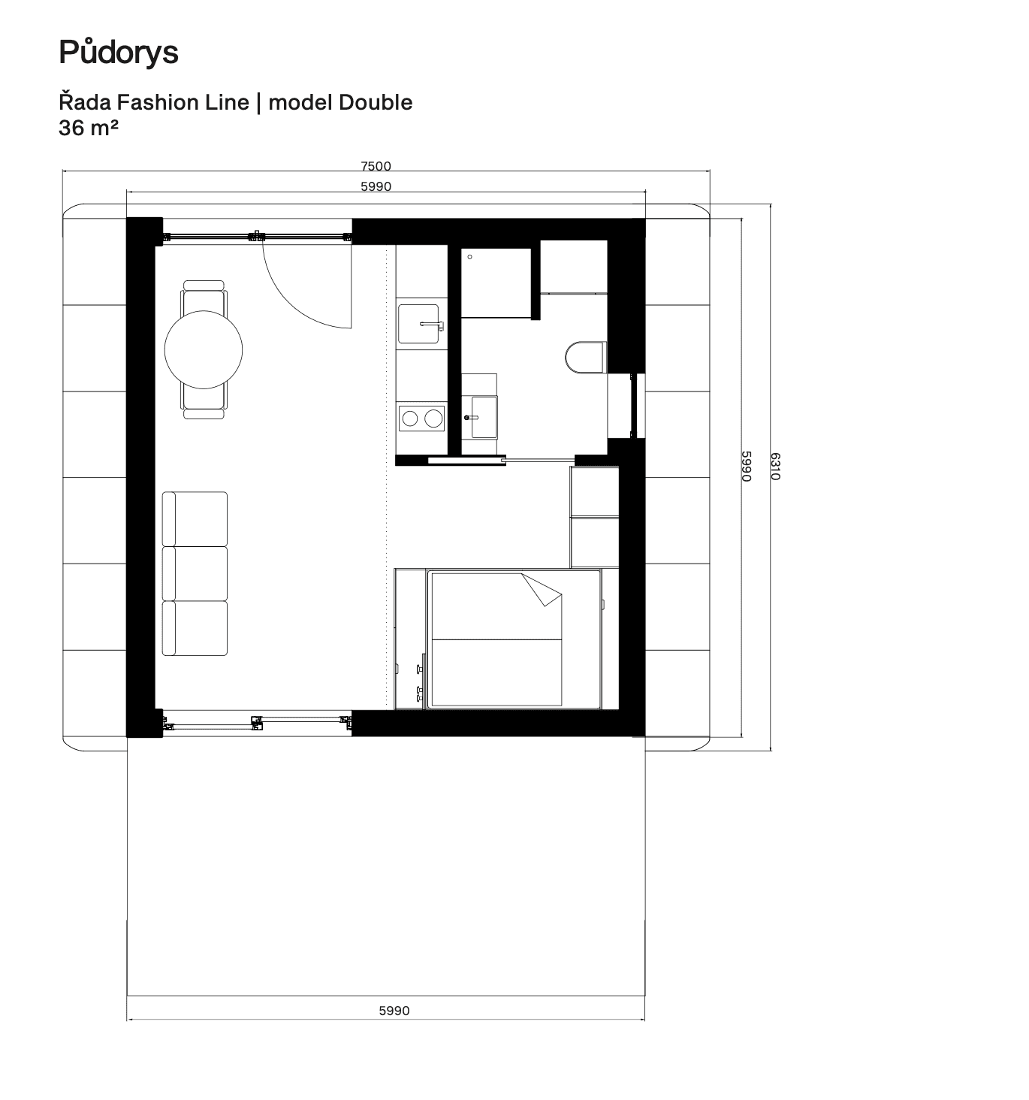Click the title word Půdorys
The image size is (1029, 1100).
119,53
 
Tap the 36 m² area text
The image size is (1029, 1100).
89,128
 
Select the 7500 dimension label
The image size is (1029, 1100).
376,166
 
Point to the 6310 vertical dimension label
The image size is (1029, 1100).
775,467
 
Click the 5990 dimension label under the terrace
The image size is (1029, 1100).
394,1011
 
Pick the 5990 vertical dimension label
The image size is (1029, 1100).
747,467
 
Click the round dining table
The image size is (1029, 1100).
204,349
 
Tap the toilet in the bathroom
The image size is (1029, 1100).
586,357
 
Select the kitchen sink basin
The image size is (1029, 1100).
418,324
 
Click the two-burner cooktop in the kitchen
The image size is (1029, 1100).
421,419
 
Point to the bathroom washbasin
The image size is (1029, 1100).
484,417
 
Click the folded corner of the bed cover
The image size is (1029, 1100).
543,591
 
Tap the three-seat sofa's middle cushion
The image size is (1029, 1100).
195,574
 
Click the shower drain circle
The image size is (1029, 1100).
469,257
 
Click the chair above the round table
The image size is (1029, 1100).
204,296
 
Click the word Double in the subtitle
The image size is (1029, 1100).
376,102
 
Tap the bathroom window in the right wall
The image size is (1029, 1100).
635,406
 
